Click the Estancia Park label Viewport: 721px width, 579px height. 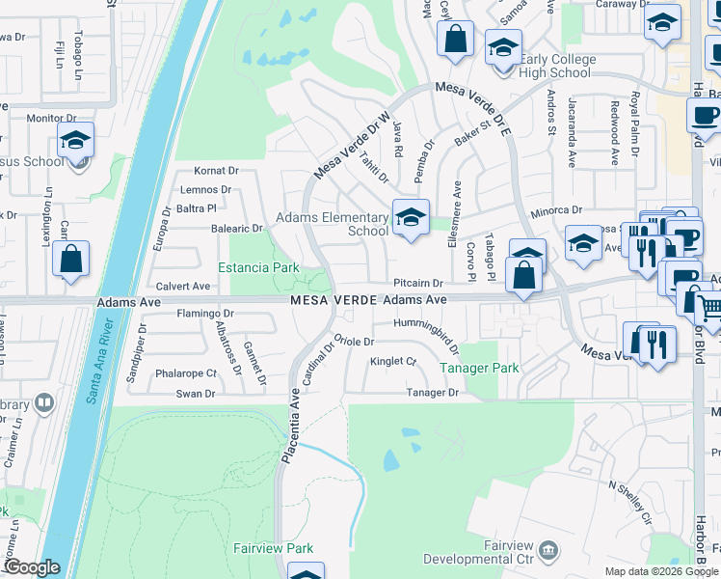coord(257,267)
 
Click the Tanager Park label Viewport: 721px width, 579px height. coord(479,368)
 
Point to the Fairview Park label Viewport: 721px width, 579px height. coord(274,548)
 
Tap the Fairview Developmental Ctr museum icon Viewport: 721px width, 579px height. coord(548,550)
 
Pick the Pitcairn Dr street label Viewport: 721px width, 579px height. coord(417,284)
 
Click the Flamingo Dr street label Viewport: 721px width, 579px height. coord(205,314)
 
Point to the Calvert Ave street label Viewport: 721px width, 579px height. coord(183,287)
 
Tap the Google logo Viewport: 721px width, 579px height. coord(31,567)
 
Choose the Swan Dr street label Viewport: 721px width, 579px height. coord(196,394)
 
